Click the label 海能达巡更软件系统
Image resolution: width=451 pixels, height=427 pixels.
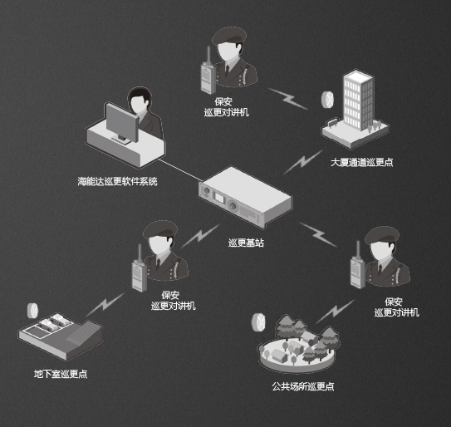(117, 181)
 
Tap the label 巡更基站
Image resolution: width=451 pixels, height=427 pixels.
(246, 243)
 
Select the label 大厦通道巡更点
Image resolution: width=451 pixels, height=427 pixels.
(362, 162)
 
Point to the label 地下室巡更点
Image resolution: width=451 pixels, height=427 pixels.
(61, 374)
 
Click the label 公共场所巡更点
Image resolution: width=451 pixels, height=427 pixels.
(303, 386)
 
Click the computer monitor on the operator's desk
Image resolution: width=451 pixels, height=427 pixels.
(122, 123)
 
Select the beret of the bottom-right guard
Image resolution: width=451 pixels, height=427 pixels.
(382, 235)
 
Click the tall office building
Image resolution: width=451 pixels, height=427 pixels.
(358, 101)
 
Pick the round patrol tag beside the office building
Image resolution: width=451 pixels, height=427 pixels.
(327, 100)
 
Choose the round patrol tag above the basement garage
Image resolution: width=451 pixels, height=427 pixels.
(32, 311)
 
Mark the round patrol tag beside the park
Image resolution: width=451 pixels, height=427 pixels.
(258, 322)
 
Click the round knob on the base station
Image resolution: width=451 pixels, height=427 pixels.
(233, 206)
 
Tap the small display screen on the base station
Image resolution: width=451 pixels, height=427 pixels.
(219, 199)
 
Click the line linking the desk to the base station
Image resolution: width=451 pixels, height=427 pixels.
(180, 171)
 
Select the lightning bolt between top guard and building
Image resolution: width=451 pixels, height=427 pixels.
(288, 99)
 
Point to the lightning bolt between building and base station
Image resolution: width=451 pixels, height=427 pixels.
(302, 162)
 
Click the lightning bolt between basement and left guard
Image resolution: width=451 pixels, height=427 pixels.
(105, 305)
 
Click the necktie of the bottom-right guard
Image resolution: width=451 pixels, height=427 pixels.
(380, 270)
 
